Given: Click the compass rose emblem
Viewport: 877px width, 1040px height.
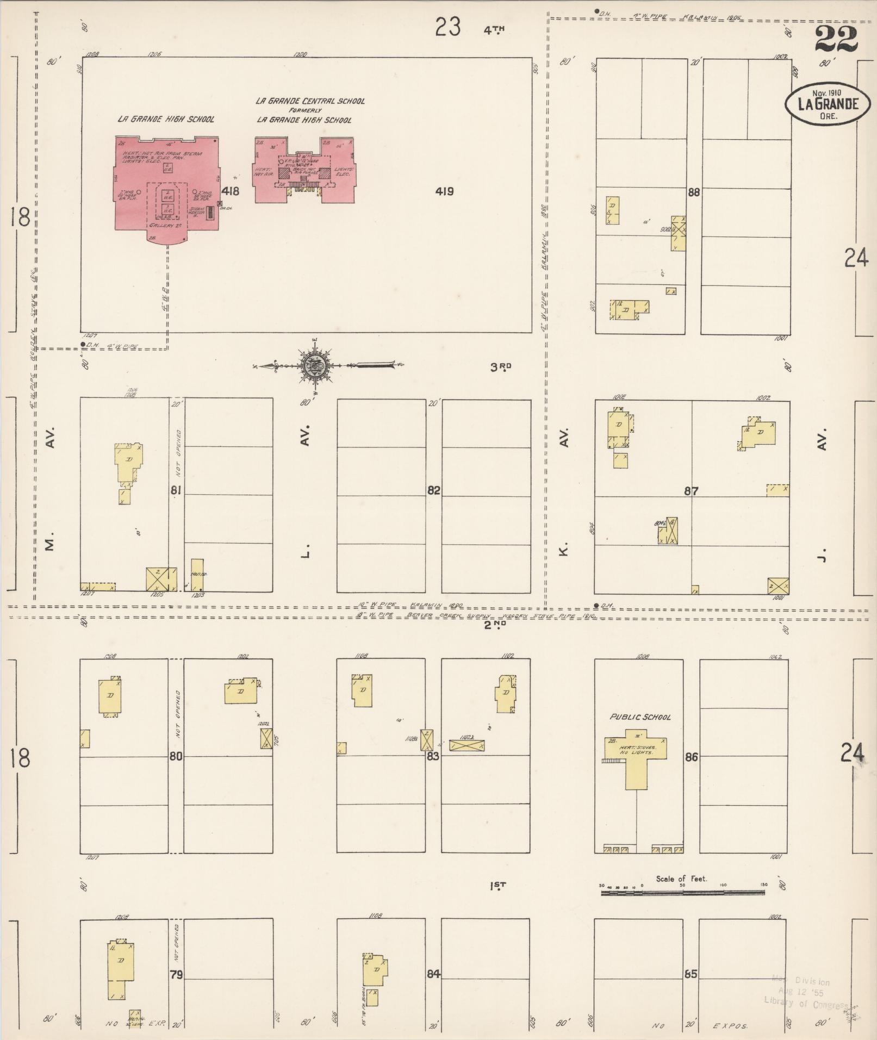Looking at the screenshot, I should [x=314, y=364].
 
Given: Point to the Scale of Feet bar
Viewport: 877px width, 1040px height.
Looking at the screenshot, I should [x=682, y=893].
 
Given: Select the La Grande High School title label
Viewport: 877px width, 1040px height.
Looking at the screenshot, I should [x=166, y=119].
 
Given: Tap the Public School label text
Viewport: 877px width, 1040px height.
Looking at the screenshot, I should [x=640, y=717].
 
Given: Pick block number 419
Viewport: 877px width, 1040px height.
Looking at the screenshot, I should [x=444, y=191].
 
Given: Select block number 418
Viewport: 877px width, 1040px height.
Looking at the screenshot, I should [x=230, y=191].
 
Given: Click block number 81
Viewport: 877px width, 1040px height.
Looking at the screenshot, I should [x=176, y=491].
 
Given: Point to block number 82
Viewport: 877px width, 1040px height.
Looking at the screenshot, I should [x=433, y=491].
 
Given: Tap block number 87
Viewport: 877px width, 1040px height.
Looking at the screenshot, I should [x=691, y=491].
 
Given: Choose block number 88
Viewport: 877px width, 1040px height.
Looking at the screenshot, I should [x=693, y=192].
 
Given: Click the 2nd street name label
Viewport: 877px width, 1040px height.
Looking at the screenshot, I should [x=495, y=626].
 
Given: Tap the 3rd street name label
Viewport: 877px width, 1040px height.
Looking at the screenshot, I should [x=501, y=368].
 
